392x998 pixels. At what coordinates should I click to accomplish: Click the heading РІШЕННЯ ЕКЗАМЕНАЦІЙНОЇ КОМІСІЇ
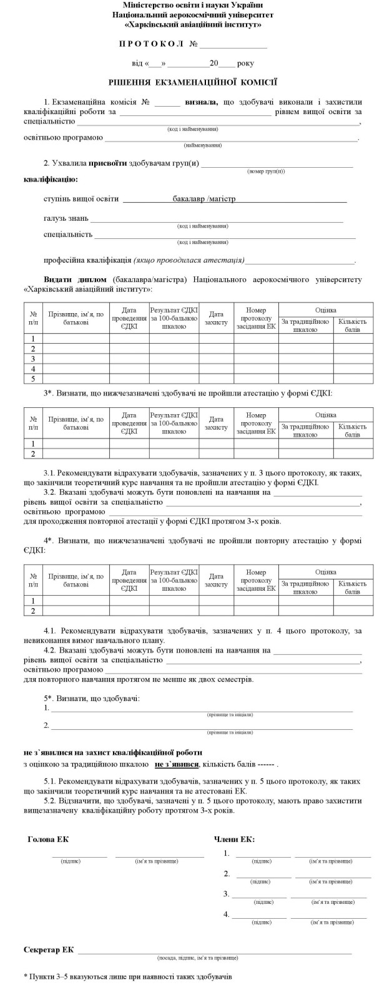pos(192,82)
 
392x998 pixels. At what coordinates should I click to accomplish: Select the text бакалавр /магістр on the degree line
pos(204,200)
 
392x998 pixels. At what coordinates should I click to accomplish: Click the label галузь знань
pos(66,219)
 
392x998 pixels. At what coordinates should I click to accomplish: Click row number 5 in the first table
pos(33,379)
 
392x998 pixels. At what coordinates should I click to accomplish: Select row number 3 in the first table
pos(33,359)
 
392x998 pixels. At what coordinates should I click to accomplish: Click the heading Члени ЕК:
pos(234,839)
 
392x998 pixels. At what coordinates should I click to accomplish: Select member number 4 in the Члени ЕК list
pos(227,914)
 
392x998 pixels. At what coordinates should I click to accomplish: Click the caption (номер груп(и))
pos(266,171)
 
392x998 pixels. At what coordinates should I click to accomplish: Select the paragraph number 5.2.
pos(52,802)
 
